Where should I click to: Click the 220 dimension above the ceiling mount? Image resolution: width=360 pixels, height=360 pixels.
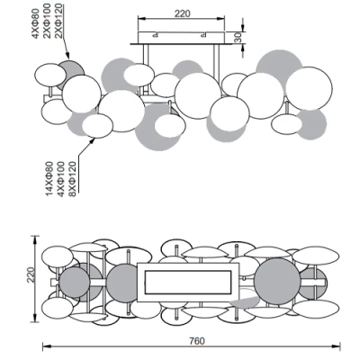click(182, 13)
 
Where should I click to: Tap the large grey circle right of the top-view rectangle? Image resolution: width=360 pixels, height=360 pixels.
click(275, 281)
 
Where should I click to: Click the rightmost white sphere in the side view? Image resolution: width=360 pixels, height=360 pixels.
click(306, 86)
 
